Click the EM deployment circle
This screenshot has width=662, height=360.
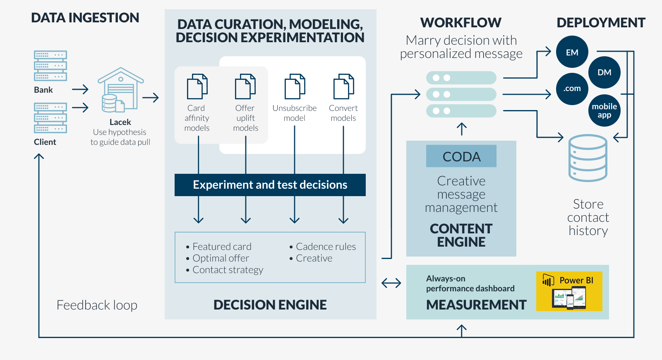(x=572, y=52)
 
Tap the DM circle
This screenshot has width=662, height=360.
(x=604, y=72)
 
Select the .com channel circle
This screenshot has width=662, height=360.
(x=572, y=89)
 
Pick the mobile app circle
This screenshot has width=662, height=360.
(x=604, y=110)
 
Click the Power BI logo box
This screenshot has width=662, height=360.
(x=569, y=291)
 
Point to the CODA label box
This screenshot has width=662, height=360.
(x=461, y=156)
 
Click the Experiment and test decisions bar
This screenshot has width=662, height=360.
(x=270, y=185)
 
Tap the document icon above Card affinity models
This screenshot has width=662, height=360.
(x=197, y=86)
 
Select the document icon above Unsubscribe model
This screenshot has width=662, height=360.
(x=295, y=86)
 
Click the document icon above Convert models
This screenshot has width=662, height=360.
(x=343, y=86)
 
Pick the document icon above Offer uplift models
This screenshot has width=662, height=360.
(x=245, y=86)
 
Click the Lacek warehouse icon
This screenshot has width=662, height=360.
(x=120, y=90)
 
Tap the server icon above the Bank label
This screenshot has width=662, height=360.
(x=50, y=66)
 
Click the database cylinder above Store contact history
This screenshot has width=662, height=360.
(x=588, y=158)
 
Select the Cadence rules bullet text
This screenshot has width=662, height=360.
(x=326, y=247)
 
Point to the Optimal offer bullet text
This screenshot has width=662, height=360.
(x=221, y=258)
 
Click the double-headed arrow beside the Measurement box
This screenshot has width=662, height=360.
(x=391, y=283)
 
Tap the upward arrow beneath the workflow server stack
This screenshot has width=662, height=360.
(x=461, y=129)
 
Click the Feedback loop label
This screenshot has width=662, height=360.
(x=97, y=305)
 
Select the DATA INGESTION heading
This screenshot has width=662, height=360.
(x=85, y=18)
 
